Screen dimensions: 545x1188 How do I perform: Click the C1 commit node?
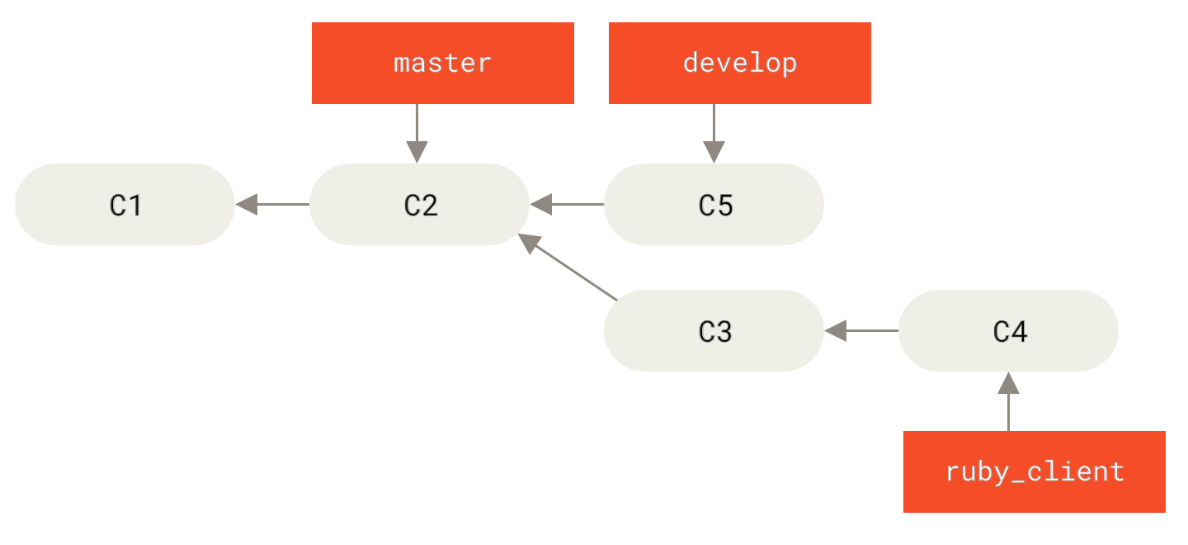coord(125,204)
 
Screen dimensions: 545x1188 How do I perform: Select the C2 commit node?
coord(420,204)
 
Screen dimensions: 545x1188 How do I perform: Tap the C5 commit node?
coord(714,204)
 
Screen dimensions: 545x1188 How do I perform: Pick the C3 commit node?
coord(714,330)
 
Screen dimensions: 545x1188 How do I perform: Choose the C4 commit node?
coord(1008,330)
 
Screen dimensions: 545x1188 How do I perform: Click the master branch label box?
coord(443,63)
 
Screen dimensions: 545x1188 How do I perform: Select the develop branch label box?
coord(740,63)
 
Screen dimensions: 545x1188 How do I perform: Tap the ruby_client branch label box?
coord(1035,472)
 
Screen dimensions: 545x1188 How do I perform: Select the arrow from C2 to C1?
coord(272,204)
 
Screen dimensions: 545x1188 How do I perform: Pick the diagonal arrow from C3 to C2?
coord(569,268)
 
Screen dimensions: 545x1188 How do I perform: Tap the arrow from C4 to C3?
coord(861,330)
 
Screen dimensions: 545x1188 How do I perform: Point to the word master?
coord(443,63)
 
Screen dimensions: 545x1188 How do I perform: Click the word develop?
coord(740,63)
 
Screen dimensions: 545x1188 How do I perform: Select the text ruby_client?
coord(1035,472)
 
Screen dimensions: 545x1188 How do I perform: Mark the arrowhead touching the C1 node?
coord(247,204)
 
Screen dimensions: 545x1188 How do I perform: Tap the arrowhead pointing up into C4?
coord(1008,383)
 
